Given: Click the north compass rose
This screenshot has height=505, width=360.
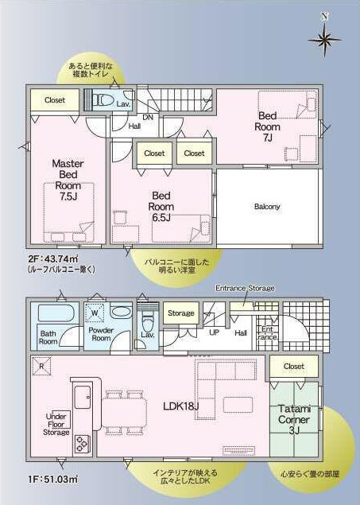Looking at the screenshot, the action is (x=324, y=39).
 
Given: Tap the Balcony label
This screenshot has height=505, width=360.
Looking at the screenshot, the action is (x=267, y=207).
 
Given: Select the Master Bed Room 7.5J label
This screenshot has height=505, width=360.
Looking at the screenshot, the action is (x=68, y=180).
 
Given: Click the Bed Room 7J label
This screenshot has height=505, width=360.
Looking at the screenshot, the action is (x=267, y=126).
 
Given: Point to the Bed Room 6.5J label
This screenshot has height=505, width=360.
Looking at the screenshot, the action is (x=161, y=207).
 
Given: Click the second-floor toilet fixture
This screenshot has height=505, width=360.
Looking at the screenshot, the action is (x=103, y=100).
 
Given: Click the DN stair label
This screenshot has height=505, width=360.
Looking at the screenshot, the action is (x=148, y=117).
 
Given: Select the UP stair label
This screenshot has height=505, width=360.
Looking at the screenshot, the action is (x=215, y=332).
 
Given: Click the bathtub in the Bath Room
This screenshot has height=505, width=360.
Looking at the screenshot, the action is (x=56, y=313).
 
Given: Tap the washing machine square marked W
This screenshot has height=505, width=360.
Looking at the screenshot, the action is (x=95, y=313).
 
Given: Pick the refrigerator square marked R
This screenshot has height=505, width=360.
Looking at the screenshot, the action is (x=41, y=366).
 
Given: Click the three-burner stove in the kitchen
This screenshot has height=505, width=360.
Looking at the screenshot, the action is (x=83, y=445).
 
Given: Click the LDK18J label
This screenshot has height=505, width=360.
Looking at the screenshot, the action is (x=181, y=406).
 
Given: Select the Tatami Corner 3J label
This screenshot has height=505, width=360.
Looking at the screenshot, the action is (x=294, y=420).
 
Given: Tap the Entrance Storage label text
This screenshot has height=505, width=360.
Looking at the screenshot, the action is (x=245, y=288).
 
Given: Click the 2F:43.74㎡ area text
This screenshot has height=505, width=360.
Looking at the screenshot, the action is (x=53, y=258).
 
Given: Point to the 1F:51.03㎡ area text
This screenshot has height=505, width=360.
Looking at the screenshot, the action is (x=53, y=480).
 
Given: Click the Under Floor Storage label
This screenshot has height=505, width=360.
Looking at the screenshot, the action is (x=56, y=424).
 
